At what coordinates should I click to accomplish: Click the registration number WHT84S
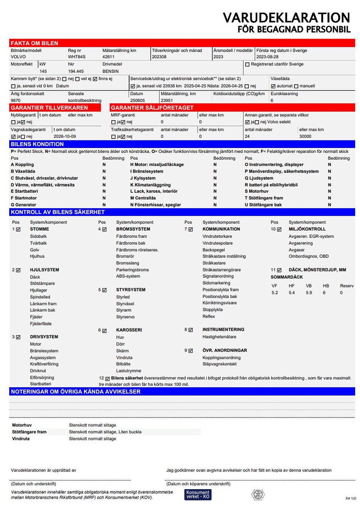click(77, 57)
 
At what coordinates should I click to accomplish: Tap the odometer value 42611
click(108, 57)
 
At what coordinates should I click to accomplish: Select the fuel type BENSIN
click(110, 71)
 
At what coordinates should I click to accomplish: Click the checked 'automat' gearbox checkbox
click(273, 86)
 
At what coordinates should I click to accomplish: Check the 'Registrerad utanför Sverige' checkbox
click(247, 64)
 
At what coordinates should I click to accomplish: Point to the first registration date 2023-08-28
click(267, 57)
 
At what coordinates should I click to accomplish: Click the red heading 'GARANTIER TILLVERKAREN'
click(49, 108)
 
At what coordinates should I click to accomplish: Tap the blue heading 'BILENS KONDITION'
click(37, 144)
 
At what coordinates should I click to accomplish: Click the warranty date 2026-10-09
click(65, 136)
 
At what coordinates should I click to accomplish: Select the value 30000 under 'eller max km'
click(305, 136)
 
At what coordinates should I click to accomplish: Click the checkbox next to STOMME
click(18, 229)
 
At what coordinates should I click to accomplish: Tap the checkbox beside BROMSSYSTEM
click(104, 229)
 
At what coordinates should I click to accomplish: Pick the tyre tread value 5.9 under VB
click(309, 293)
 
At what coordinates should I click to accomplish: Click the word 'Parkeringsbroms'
click(133, 270)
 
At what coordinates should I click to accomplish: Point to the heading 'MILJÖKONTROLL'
click(307, 229)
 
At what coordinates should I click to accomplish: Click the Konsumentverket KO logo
click(198, 494)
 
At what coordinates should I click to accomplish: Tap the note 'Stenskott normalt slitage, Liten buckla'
click(105, 432)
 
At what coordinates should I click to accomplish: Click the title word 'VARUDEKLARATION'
click(286, 18)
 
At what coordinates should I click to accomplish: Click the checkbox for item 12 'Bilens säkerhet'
click(107, 379)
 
